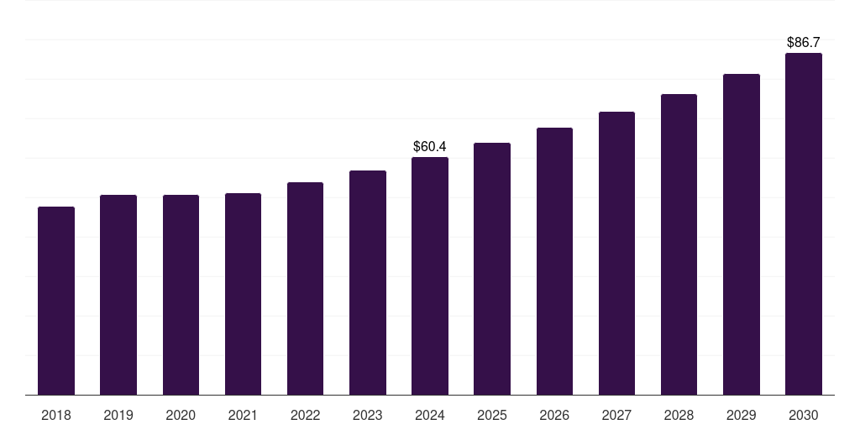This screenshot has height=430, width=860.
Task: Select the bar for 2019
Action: coord(118,295)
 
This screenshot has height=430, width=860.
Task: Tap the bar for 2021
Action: coord(243,294)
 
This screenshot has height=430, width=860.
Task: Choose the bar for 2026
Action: coord(554,261)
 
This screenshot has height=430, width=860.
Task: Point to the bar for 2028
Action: coord(679,244)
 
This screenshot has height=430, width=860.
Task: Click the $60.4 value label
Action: coord(430,147)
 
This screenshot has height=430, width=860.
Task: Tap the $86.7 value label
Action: coord(804,42)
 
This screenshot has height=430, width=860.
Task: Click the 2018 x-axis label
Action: coord(56,415)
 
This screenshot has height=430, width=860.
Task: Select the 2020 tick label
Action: coord(181,415)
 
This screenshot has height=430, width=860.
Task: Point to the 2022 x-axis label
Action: coord(305,415)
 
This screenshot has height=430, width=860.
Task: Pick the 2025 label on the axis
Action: coord(492,415)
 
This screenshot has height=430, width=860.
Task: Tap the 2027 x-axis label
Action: coord(616,415)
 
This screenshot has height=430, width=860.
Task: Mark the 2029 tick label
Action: coord(742,415)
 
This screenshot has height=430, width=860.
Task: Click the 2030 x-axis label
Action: coord(804,415)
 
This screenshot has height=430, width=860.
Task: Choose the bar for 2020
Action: coord(181,295)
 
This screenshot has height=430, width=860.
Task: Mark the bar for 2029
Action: coord(742,234)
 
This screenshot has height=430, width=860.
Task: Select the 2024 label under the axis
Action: coord(430,415)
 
